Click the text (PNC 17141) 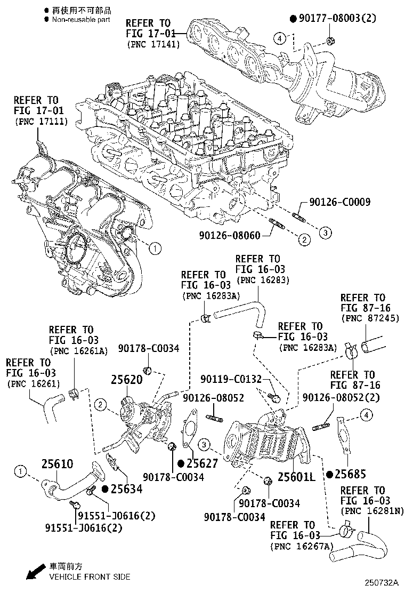pos(153,44)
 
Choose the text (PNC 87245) pos(363,319)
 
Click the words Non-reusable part pos(81,19)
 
